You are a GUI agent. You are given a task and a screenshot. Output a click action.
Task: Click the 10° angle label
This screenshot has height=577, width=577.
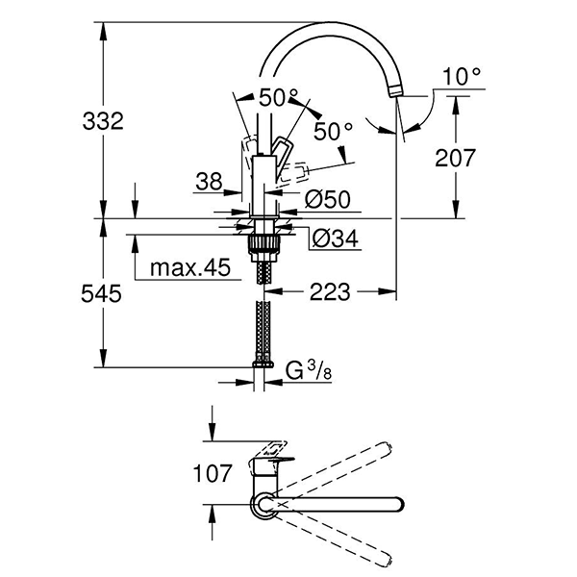(x=462, y=75)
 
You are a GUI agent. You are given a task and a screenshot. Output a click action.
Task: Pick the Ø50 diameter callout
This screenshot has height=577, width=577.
(x=326, y=199)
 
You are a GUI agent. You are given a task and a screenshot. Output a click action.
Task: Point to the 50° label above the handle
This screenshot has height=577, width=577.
(x=279, y=97)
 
